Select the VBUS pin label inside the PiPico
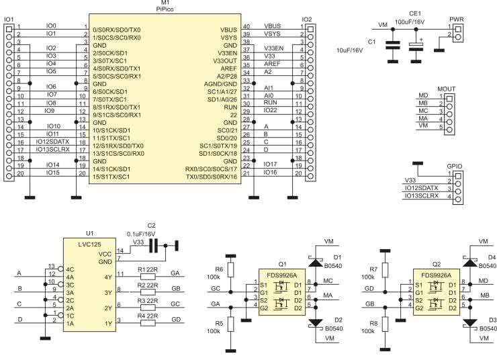[228, 30]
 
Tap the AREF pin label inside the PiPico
[229, 69]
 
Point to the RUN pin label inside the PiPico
[230, 107]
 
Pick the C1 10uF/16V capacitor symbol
[393, 45]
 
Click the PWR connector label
[457, 19]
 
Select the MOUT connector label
[446, 89]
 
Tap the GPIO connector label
[455, 167]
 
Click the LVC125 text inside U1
[89, 244]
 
